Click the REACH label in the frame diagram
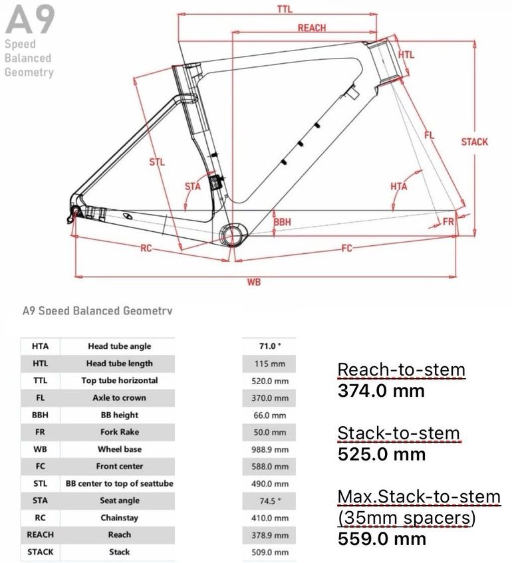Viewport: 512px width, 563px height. [x=312, y=28]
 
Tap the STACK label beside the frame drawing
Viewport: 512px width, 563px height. [x=475, y=142]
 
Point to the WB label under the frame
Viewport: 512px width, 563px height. [x=253, y=282]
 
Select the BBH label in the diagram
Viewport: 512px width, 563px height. [x=283, y=222]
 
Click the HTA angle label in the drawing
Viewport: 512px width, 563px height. [x=399, y=186]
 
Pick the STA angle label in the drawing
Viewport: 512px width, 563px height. [x=193, y=186]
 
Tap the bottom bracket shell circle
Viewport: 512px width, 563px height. [x=233, y=235]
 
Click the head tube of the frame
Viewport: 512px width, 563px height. [x=385, y=61]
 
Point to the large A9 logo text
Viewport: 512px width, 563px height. [x=30, y=20]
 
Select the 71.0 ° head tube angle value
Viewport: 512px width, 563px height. [x=270, y=346]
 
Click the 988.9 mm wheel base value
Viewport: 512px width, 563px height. [x=270, y=449]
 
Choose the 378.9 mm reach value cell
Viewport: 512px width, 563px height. [x=270, y=535]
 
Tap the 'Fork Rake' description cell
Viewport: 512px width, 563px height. [x=120, y=432]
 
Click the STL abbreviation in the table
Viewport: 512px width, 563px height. [x=41, y=484]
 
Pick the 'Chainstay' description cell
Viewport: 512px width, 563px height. [x=120, y=518]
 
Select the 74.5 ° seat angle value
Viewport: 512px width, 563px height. [x=270, y=501]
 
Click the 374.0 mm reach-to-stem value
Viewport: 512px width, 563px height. [x=381, y=391]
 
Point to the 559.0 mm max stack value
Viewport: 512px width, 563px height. [x=382, y=539]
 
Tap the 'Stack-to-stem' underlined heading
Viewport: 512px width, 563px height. [x=399, y=433]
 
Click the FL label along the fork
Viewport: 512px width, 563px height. [x=430, y=136]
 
